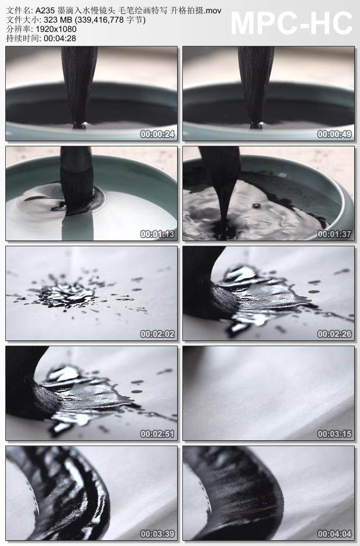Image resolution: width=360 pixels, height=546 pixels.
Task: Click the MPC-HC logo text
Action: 291,23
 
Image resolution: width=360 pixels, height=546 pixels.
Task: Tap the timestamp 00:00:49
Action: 336,134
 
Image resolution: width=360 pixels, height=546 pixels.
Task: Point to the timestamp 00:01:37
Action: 336,235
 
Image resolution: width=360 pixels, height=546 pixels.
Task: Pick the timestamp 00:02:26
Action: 336,334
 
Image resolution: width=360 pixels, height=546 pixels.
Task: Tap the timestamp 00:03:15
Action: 336,434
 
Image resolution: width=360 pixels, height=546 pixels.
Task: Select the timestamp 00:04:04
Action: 336,534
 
